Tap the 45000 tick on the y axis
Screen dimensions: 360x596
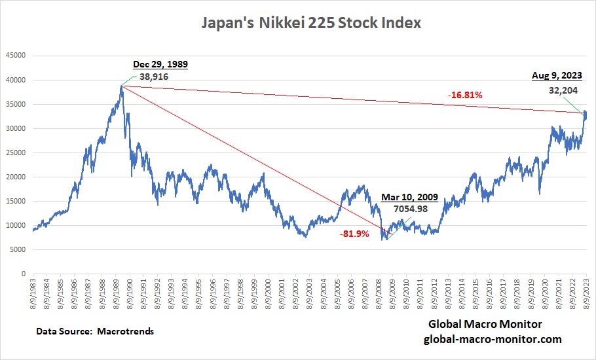pyautogui.click(x=15, y=56)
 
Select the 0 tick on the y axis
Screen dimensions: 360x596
pyautogui.click(x=22, y=274)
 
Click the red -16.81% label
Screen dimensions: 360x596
pyautogui.click(x=466, y=95)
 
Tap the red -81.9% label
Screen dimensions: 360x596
pyautogui.click(x=354, y=234)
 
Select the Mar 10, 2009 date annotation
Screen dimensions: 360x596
pyautogui.click(x=409, y=196)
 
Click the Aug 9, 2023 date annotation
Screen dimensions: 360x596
pyautogui.click(x=557, y=77)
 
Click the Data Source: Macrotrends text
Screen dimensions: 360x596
pyautogui.click(x=96, y=331)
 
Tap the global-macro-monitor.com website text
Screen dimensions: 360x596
pyautogui.click(x=493, y=339)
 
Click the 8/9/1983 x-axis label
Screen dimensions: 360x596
pyautogui.click(x=33, y=293)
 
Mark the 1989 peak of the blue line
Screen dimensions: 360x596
pyautogui.click(x=122, y=85)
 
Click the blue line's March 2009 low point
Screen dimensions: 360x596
pyautogui.click(x=386, y=240)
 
